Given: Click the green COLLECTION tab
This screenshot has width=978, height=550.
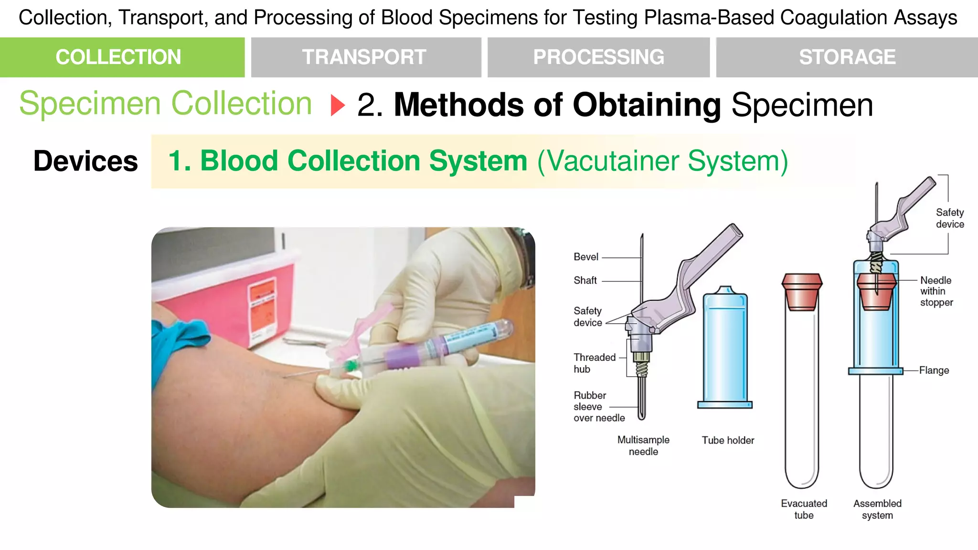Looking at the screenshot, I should click(122, 57).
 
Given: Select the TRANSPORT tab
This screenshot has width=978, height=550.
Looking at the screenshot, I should click(366, 57).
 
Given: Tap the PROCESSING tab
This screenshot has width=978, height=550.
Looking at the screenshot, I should click(598, 57).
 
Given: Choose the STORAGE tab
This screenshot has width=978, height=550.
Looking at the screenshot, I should click(847, 57).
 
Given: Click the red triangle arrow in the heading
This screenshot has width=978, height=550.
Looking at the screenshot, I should click(337, 105).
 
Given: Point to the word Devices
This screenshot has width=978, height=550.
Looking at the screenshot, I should click(85, 161).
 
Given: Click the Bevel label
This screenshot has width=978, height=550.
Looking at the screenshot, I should click(585, 257).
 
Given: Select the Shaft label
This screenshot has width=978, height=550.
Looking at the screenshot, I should click(585, 280).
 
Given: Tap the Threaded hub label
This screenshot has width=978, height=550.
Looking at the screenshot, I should click(594, 363).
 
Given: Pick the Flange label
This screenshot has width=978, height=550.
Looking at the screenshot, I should click(934, 370).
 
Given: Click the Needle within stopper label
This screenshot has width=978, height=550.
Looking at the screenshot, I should click(936, 291).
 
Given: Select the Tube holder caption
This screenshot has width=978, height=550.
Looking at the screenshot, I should click(728, 440).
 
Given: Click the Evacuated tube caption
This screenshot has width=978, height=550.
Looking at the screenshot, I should click(804, 509).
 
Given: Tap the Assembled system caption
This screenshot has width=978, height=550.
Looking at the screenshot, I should click(877, 509).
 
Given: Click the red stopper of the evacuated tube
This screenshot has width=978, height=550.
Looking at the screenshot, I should click(802, 291).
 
